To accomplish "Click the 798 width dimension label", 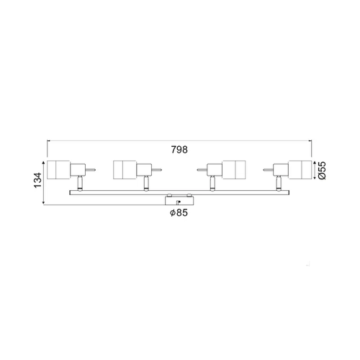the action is [x=179, y=150].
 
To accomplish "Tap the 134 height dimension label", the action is [x=38, y=180].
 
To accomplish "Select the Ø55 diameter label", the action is [x=322, y=171].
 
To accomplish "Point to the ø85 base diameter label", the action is [x=179, y=212].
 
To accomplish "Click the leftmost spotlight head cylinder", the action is [x=58, y=170].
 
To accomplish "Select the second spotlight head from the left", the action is [x=125, y=170].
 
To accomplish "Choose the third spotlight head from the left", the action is [x=234, y=170].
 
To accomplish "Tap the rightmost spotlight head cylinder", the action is [x=300, y=170].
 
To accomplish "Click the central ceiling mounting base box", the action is [x=179, y=200].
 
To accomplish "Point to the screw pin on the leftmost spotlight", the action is [x=91, y=170].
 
